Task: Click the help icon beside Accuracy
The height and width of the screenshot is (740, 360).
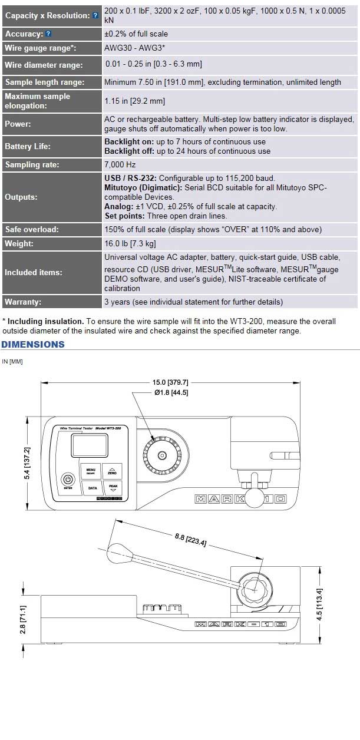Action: [48, 34]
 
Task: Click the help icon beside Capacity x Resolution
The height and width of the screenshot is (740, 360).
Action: [95, 15]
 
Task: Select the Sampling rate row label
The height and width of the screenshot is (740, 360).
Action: [32, 165]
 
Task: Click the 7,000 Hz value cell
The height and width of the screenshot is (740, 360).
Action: [120, 165]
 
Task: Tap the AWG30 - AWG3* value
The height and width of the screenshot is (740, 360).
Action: [134, 48]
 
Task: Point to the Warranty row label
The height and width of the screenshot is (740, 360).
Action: [23, 302]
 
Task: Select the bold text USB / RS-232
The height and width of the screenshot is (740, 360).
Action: [130, 178]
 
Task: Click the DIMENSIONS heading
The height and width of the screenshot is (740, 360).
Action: [33, 344]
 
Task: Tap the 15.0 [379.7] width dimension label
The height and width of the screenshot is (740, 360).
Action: [171, 382]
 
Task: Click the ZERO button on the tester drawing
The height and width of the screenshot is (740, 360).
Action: [112, 471]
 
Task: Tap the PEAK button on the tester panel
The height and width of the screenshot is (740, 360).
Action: [113, 488]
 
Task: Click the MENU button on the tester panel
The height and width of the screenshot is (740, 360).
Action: [91, 471]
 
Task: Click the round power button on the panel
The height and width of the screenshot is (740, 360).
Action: [68, 480]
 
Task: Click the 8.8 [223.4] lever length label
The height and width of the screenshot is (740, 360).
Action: [190, 540]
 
